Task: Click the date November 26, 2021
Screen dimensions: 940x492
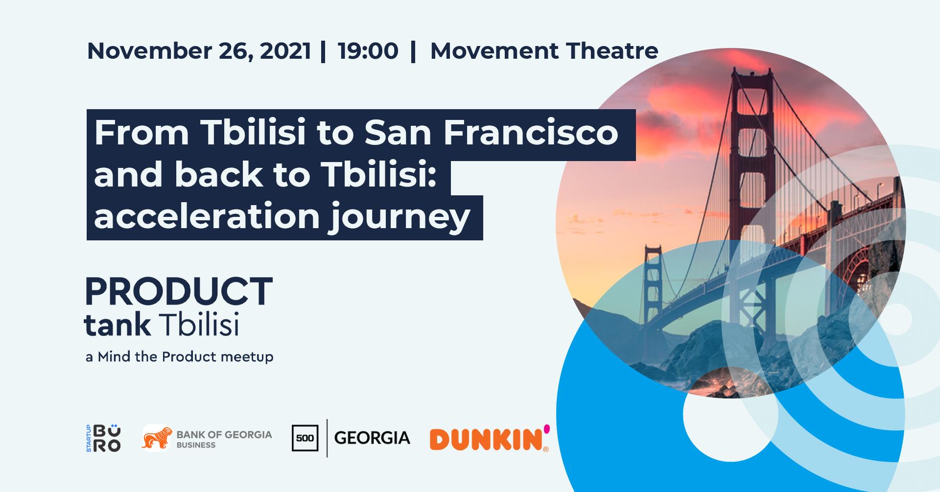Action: point(199,51)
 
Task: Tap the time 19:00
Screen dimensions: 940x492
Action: point(368,51)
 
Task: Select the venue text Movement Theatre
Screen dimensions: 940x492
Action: point(544,51)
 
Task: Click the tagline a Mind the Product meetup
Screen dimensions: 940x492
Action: point(179,357)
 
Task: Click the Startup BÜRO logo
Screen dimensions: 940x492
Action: point(103,438)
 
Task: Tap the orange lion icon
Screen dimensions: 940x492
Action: point(157,438)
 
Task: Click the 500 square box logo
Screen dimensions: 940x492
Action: point(305,438)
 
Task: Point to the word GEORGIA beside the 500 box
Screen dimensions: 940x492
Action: point(372,438)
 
